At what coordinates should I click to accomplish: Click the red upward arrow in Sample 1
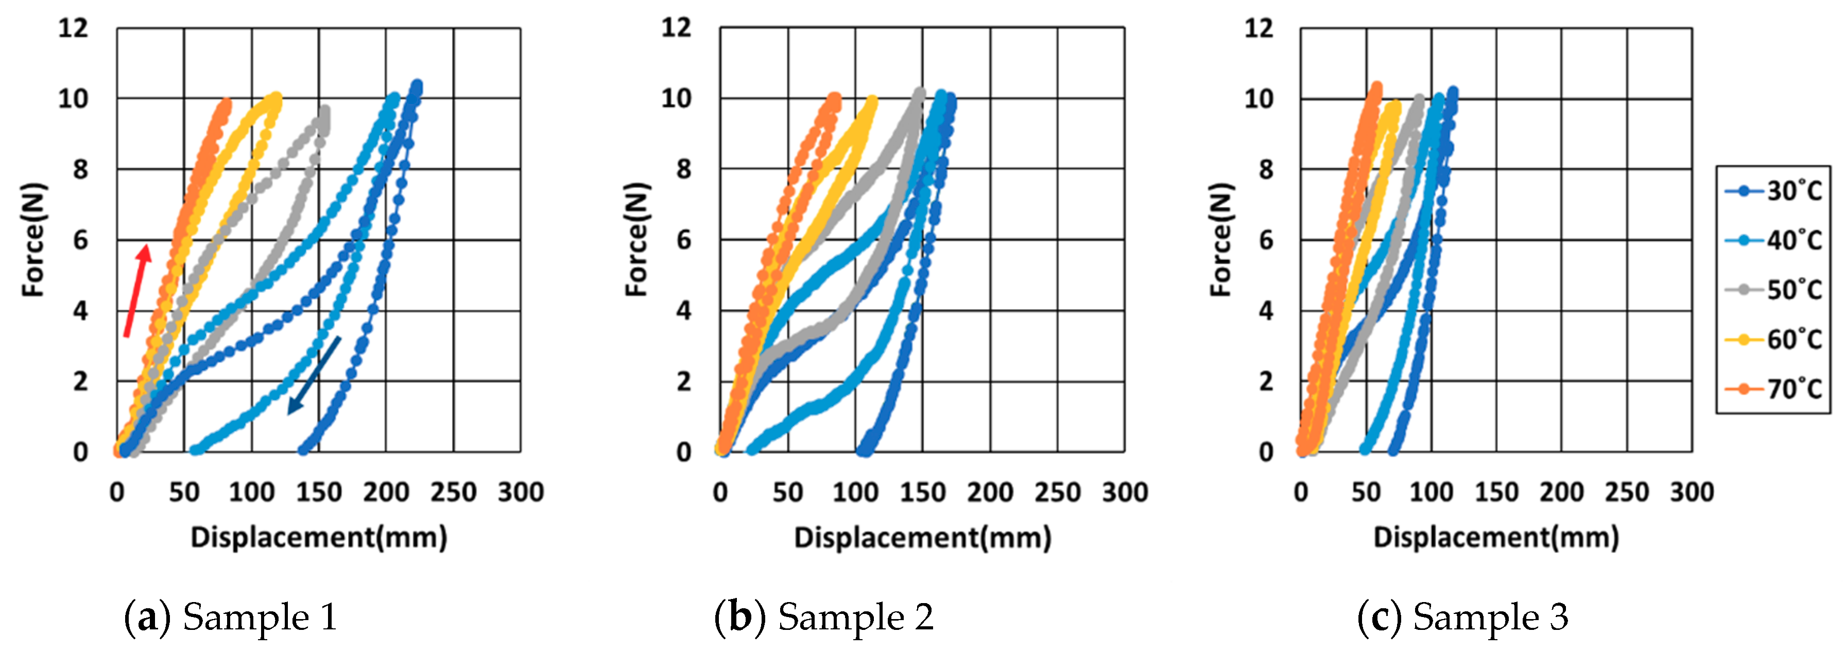point(136,290)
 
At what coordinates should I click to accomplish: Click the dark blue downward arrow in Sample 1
point(314,375)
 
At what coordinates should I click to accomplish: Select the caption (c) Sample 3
point(1462,617)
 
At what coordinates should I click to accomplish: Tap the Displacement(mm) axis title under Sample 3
point(1495,537)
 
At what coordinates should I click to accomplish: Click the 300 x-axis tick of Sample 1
point(521,492)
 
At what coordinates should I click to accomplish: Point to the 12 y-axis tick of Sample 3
point(1259,29)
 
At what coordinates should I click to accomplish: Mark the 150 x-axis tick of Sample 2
point(922,492)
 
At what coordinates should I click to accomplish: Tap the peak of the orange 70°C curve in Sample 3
point(1376,86)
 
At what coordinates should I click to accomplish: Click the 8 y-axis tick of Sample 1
point(80,170)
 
